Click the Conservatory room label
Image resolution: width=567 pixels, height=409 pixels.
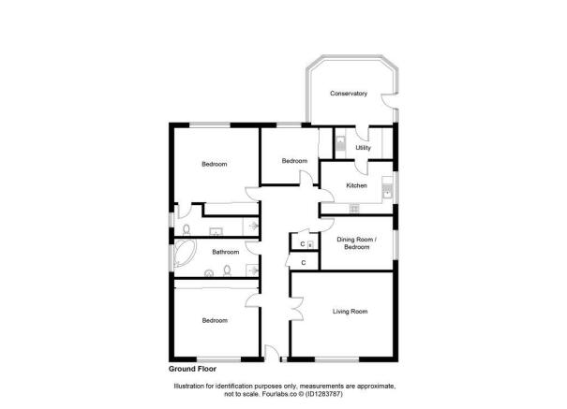[x=348, y=94]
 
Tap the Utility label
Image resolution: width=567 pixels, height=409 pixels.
[x=363, y=147]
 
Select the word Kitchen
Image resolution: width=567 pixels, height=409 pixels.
[x=356, y=185]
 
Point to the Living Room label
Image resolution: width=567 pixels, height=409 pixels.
[x=350, y=311]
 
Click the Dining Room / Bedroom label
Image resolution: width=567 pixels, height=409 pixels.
[x=356, y=243]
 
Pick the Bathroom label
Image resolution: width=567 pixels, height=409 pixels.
[x=225, y=252]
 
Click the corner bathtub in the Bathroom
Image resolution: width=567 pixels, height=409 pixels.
[x=182, y=253]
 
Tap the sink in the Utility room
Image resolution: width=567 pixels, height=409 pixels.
[x=342, y=145]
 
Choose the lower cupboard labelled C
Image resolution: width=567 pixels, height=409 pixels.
[x=303, y=262]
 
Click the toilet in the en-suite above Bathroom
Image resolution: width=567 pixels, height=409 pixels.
[x=187, y=228]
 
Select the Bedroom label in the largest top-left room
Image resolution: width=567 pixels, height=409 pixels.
[x=215, y=165]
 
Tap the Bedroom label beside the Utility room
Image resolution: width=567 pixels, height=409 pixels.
[x=295, y=160]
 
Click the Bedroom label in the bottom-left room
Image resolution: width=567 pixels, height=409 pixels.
[x=215, y=320]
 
